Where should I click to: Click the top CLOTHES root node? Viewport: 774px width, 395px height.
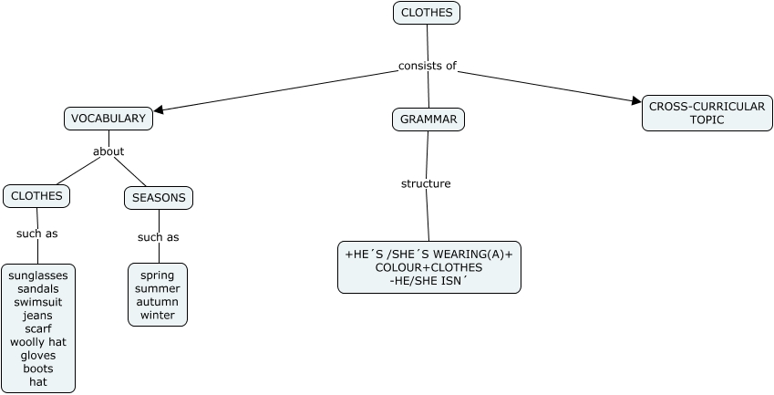click(x=427, y=13)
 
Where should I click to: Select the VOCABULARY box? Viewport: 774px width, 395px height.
click(x=108, y=119)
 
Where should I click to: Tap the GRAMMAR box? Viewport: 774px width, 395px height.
click(x=428, y=120)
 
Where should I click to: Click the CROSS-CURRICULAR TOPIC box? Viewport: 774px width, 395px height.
click(x=707, y=113)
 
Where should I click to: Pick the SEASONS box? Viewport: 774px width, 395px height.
click(x=159, y=198)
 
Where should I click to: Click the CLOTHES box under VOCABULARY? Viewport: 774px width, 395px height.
click(x=36, y=196)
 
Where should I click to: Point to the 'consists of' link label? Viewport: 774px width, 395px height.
click(x=427, y=66)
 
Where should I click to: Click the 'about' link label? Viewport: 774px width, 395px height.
click(x=108, y=151)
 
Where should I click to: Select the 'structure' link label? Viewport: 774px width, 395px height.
click(x=426, y=183)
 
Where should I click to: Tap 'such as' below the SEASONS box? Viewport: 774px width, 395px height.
click(x=158, y=237)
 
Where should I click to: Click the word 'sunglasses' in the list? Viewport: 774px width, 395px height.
click(x=38, y=275)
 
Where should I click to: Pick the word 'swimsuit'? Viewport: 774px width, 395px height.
click(x=38, y=302)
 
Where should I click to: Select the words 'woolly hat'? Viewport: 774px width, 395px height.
click(x=38, y=342)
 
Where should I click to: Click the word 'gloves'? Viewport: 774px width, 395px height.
click(x=38, y=355)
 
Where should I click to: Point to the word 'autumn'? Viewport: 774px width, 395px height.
click(x=158, y=302)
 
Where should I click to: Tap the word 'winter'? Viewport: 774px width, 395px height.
click(x=158, y=316)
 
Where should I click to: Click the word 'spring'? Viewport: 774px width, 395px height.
click(x=158, y=275)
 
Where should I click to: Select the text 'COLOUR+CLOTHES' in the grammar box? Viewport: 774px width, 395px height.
click(x=428, y=267)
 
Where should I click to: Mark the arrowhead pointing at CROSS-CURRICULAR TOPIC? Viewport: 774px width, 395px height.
click(x=635, y=101)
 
